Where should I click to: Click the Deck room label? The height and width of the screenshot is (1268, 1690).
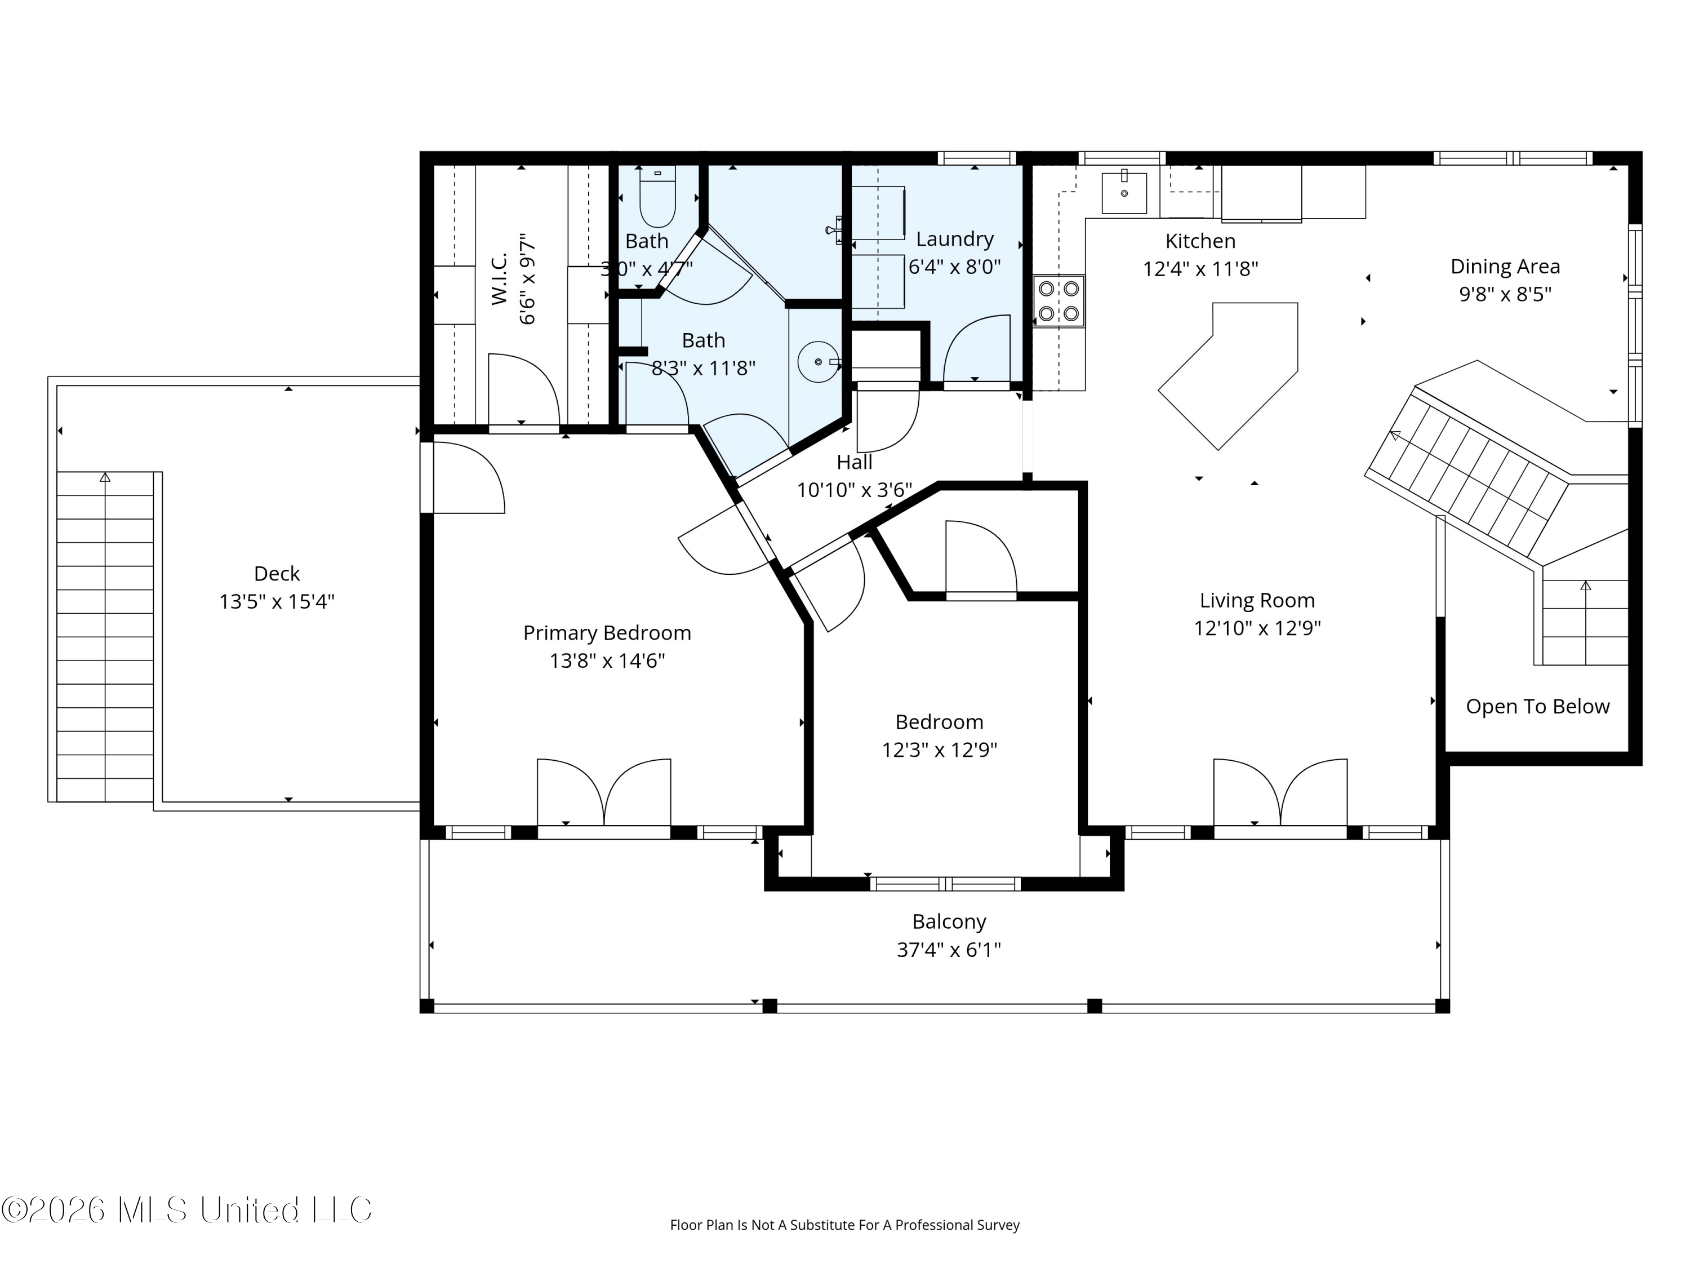[x=277, y=573]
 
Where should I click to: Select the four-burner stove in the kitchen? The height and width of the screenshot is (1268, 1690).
[x=1059, y=300]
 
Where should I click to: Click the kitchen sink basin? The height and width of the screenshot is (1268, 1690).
[x=1124, y=193]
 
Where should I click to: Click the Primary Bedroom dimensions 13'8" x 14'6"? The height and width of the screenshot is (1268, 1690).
[x=607, y=660]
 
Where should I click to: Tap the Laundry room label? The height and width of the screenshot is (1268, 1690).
[x=954, y=240]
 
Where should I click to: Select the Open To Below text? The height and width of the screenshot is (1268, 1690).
[x=1537, y=706]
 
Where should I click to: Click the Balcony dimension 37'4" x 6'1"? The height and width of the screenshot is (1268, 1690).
[x=949, y=949]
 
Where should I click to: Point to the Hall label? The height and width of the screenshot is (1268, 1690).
[x=854, y=463]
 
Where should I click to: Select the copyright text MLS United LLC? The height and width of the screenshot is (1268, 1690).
[x=186, y=1210]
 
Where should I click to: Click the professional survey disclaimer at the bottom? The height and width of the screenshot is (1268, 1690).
[x=844, y=1225]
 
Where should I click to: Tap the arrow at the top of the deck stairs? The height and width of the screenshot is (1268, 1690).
[x=105, y=478]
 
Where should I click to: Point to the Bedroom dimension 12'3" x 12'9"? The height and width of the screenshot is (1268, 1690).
[x=939, y=750]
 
